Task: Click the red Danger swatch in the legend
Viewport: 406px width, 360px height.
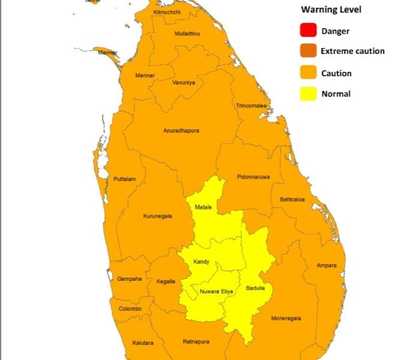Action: click(x=309, y=30)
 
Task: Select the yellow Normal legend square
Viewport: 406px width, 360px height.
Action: click(x=309, y=93)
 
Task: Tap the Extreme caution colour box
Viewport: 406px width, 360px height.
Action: click(x=309, y=51)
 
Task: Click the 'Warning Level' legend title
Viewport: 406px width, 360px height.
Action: click(x=331, y=10)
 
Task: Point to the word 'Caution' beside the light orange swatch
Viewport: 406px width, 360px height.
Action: click(x=336, y=73)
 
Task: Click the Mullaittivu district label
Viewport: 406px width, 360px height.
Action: click(x=187, y=33)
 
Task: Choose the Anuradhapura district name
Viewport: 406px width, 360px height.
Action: click(x=181, y=130)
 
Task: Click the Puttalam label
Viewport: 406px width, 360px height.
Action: click(x=125, y=179)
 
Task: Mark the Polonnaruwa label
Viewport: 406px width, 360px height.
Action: click(x=253, y=177)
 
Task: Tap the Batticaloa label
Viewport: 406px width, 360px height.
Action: click(x=292, y=199)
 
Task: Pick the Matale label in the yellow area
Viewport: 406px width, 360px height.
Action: click(x=203, y=207)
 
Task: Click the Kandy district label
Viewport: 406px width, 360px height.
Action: click(x=202, y=262)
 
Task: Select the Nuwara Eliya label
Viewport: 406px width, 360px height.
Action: click(x=216, y=292)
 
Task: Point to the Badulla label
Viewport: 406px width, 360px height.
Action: click(x=255, y=288)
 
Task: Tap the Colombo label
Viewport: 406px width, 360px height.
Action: click(x=130, y=308)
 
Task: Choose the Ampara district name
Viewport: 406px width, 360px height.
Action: click(x=327, y=265)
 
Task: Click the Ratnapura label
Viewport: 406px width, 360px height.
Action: click(x=196, y=341)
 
